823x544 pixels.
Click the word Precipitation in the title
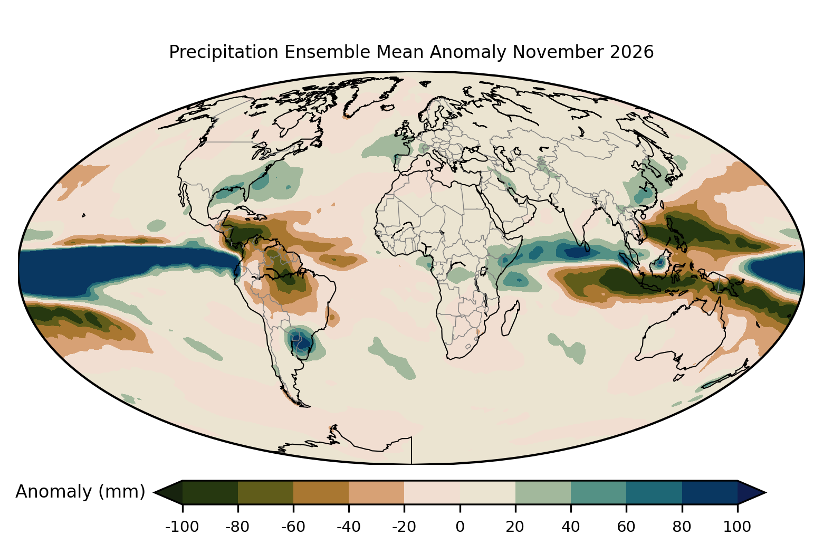pyautogui.click(x=224, y=52)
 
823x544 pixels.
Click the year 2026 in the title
pyautogui.click(x=632, y=52)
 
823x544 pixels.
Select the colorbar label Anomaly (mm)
pyautogui.click(x=81, y=492)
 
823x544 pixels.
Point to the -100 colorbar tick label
pyautogui.click(x=182, y=527)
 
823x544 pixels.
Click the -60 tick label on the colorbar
pyautogui.click(x=293, y=527)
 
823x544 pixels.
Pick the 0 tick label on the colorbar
pyautogui.click(x=460, y=527)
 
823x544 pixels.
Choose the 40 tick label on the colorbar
pyautogui.click(x=571, y=527)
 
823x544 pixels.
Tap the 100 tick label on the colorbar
pyautogui.click(x=738, y=527)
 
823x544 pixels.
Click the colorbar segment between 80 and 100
pyautogui.click(x=710, y=492)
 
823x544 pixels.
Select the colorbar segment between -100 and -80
pyautogui.click(x=210, y=492)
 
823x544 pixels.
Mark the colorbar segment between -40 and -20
pyautogui.click(x=377, y=492)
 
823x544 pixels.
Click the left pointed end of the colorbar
pyautogui.click(x=154, y=492)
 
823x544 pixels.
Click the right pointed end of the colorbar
pyautogui.click(x=765, y=492)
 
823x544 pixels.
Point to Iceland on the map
pyautogui.click(x=388, y=108)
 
